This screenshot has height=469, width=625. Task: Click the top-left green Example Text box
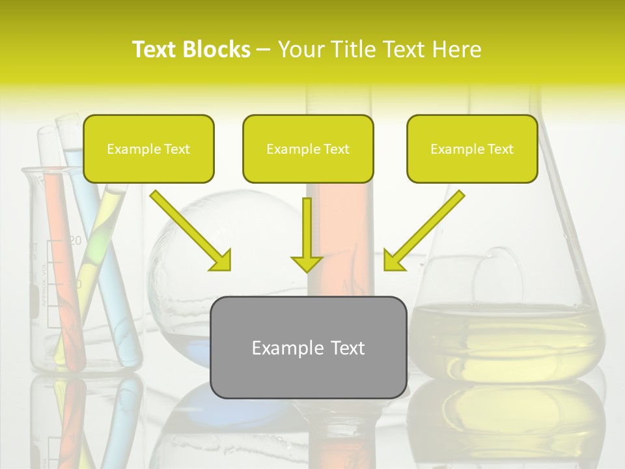(148, 149)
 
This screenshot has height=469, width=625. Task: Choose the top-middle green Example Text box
(308, 149)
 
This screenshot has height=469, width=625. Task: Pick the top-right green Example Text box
(472, 149)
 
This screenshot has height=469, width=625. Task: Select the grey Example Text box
(309, 348)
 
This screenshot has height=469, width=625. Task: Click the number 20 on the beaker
(76, 241)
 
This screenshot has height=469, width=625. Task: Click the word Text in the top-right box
(500, 149)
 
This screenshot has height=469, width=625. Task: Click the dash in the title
(264, 50)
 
